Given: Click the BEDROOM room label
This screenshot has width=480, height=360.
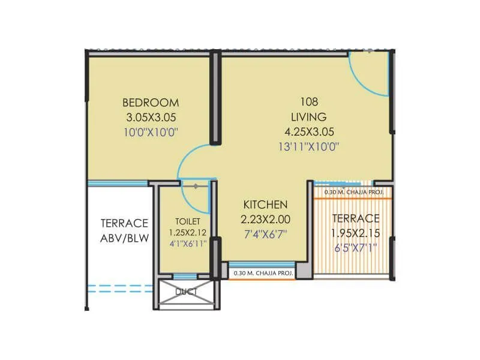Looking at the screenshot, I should (x=151, y=102).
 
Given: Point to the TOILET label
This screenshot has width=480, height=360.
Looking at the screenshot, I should (x=184, y=220).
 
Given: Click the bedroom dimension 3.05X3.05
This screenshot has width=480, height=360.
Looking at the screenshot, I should (x=151, y=117).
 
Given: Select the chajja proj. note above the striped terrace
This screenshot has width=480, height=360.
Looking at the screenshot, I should (x=353, y=193).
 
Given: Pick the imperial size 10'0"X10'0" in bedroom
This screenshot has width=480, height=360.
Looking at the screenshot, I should (x=151, y=131).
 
